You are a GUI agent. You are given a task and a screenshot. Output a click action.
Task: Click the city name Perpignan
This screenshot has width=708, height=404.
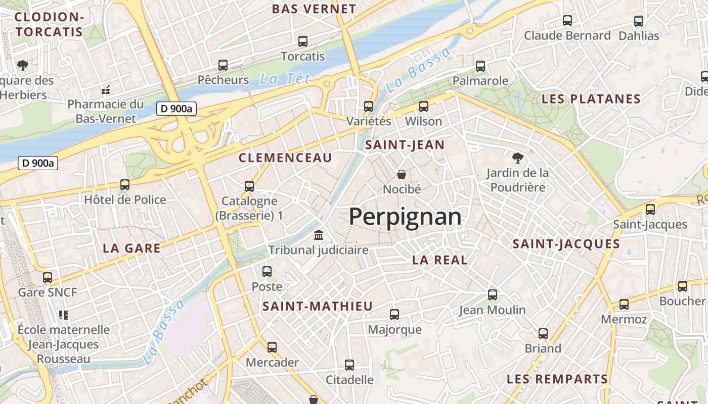pyautogui.click(x=405, y=217)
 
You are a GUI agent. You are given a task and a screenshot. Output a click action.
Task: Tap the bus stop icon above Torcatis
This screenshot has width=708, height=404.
pyautogui.click(x=303, y=41)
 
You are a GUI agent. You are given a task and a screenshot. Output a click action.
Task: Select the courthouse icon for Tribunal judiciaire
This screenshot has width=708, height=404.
pyautogui.click(x=319, y=235)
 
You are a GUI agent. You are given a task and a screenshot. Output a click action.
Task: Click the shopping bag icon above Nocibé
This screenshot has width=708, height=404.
pyautogui.click(x=402, y=174)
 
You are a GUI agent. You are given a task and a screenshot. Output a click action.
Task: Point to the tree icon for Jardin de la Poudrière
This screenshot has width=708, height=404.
pyautogui.click(x=517, y=158)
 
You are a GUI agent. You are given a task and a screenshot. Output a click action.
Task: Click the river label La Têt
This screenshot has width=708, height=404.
pyautogui.click(x=285, y=79)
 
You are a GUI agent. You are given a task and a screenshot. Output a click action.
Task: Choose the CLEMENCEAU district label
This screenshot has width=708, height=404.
pyautogui.click(x=285, y=158)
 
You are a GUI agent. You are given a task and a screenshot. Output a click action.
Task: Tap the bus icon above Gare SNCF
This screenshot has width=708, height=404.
pyautogui.click(x=48, y=277)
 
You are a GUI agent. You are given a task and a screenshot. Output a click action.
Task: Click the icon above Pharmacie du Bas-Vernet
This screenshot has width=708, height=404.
pyautogui.click(x=106, y=90)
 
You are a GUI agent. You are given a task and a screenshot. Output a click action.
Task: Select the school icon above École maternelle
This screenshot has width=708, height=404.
pyautogui.click(x=64, y=315)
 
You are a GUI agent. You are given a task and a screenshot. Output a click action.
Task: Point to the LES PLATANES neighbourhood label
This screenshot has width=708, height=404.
pyautogui.click(x=591, y=99)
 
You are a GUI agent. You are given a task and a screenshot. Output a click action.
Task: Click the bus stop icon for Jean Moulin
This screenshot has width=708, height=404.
pyautogui.click(x=492, y=294)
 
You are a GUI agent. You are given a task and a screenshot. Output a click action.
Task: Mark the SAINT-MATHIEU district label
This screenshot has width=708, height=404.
pyautogui.click(x=318, y=306)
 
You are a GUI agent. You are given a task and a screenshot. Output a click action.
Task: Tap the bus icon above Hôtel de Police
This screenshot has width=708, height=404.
pyautogui.click(x=125, y=185)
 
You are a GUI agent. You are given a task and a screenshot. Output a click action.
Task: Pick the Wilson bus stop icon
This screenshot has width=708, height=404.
pyautogui.click(x=424, y=107)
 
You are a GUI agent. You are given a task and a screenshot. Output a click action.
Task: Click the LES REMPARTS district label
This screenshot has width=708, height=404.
pyautogui.click(x=557, y=379)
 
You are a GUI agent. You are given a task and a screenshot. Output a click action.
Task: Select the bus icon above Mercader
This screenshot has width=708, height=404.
pyautogui.click(x=272, y=347)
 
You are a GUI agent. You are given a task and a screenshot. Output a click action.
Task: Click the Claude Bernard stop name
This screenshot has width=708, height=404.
pyautogui.click(x=567, y=36)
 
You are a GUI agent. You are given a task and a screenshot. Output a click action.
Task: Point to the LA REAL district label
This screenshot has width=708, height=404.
pyautogui.click(x=439, y=260)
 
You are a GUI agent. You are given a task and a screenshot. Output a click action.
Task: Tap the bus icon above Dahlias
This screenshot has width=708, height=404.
pyautogui.click(x=639, y=21)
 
